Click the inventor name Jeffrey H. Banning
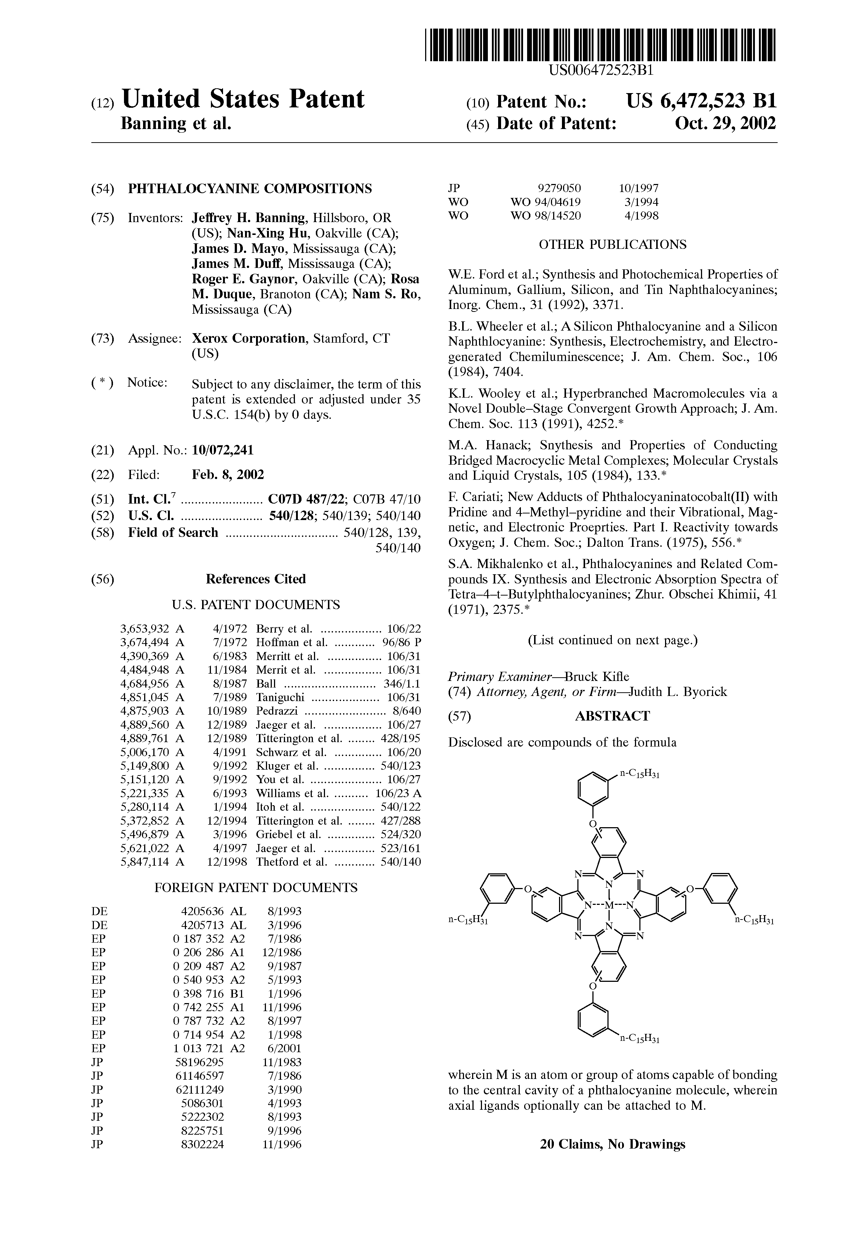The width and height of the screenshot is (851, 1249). point(249,218)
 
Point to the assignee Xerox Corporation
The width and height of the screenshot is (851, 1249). point(249,339)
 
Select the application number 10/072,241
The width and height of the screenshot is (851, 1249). point(222,450)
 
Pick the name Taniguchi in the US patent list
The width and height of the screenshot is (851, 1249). point(280,697)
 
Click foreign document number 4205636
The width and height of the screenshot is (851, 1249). point(202,911)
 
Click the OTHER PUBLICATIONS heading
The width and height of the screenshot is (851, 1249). point(612,244)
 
